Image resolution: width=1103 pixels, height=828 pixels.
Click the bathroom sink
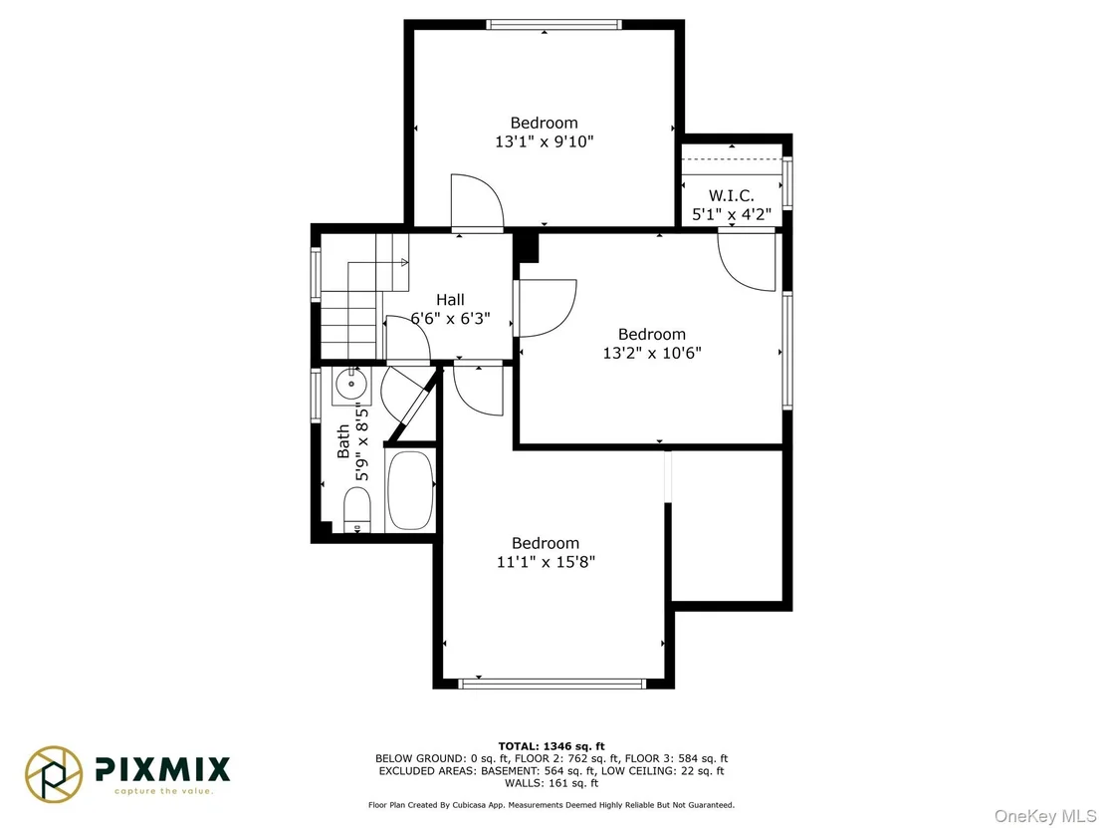coord(351,386)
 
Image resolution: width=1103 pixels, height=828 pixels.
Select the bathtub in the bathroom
coord(410,491)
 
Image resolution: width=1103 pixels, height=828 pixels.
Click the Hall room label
coord(450,299)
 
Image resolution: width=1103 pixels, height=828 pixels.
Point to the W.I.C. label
coord(731,195)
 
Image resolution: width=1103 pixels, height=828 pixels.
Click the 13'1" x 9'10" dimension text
coord(545,141)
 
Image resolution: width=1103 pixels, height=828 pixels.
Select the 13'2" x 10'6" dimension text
coord(652,353)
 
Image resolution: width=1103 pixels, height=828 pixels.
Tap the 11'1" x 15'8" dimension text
coord(546,562)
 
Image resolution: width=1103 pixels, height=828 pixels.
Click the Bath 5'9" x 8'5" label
coord(352,441)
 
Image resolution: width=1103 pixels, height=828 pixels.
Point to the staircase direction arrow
coord(404,263)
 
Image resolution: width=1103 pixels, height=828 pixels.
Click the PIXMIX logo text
coord(162,769)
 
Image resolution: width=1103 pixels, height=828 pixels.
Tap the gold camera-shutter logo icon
coord(54,774)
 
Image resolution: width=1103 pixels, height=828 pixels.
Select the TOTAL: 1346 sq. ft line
coord(551,746)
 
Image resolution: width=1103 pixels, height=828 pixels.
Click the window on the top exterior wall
coord(553,25)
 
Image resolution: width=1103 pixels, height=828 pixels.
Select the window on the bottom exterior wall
coord(551,683)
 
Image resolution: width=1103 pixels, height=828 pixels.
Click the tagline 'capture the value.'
coord(163,791)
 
